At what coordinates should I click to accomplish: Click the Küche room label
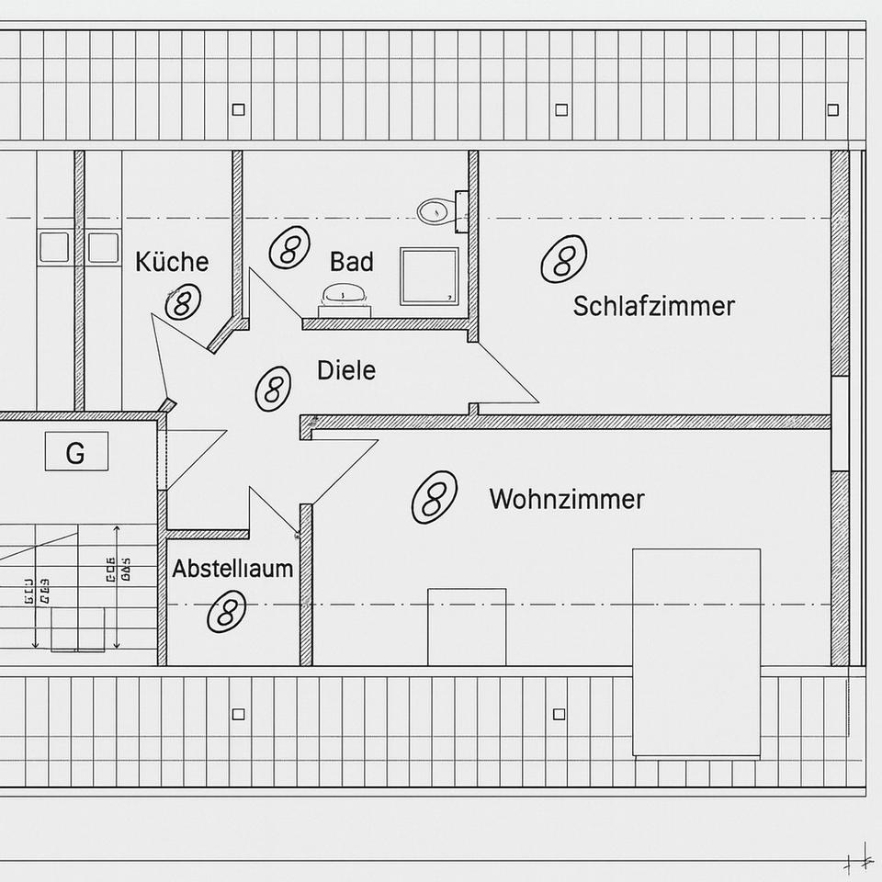[172, 262]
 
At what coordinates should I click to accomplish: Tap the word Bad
[352, 262]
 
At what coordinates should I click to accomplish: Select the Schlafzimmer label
[653, 306]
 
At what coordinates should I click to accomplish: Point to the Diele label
[346, 370]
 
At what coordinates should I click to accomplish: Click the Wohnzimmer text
[566, 500]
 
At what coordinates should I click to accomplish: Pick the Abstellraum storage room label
[232, 569]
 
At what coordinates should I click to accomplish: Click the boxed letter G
[76, 453]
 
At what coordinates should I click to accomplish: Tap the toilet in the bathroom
[435, 212]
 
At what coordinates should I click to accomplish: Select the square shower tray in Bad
[429, 276]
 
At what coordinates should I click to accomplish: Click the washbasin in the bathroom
[345, 297]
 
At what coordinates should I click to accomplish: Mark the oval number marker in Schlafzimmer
[563, 259]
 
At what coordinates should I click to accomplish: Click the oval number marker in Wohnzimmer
[434, 497]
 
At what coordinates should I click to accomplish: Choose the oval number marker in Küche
[182, 301]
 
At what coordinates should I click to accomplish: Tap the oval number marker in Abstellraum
[226, 611]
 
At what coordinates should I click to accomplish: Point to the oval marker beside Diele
[272, 388]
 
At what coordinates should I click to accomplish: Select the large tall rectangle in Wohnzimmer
[696, 652]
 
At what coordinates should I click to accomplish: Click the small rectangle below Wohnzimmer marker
[467, 627]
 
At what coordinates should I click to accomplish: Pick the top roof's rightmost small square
[832, 110]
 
